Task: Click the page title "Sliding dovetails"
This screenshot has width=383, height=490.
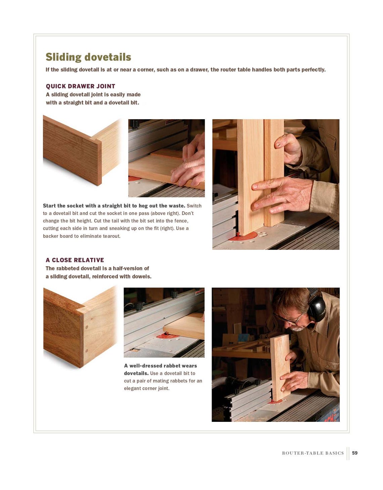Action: tap(88, 57)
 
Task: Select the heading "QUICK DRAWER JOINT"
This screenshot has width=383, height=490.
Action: tap(80, 86)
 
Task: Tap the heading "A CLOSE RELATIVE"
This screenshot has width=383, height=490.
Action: tap(75, 260)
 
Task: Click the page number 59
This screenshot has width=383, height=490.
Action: tap(354, 453)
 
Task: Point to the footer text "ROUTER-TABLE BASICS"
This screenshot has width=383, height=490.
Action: tap(312, 453)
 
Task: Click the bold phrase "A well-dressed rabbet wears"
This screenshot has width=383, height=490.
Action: tap(160, 366)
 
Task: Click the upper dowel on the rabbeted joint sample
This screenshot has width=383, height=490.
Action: tap(87, 327)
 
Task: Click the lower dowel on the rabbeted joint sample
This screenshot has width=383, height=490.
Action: tap(87, 351)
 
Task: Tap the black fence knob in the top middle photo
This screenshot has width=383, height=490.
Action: tap(134, 124)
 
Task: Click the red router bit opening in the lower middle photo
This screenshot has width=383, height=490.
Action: tap(164, 335)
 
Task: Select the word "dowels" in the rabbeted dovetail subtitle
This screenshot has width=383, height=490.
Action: tap(142, 276)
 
